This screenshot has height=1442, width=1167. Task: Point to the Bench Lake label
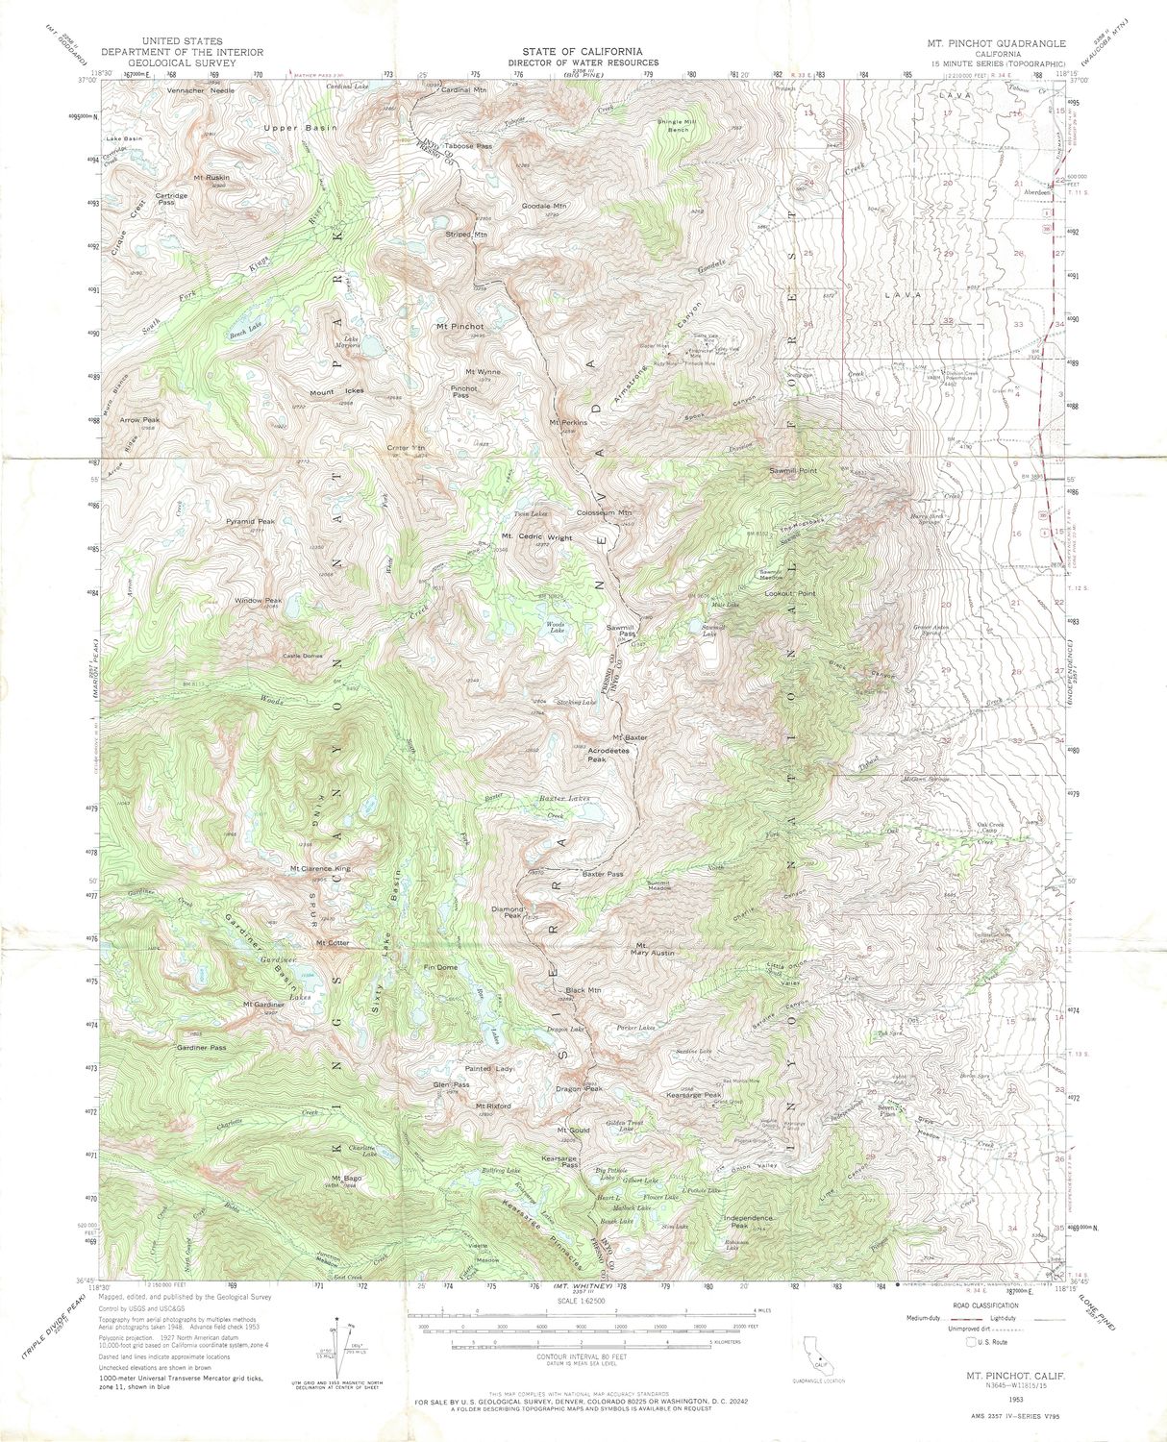(244, 333)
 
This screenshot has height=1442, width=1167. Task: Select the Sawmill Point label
(792, 470)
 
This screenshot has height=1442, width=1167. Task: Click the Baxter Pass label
(602, 874)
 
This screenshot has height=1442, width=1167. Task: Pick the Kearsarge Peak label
(693, 1095)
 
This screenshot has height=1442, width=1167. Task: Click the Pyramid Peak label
(250, 521)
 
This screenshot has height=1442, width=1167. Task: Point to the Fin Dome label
(440, 967)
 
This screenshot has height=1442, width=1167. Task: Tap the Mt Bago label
(346, 1179)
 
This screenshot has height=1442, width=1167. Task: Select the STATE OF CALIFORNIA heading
(583, 51)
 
